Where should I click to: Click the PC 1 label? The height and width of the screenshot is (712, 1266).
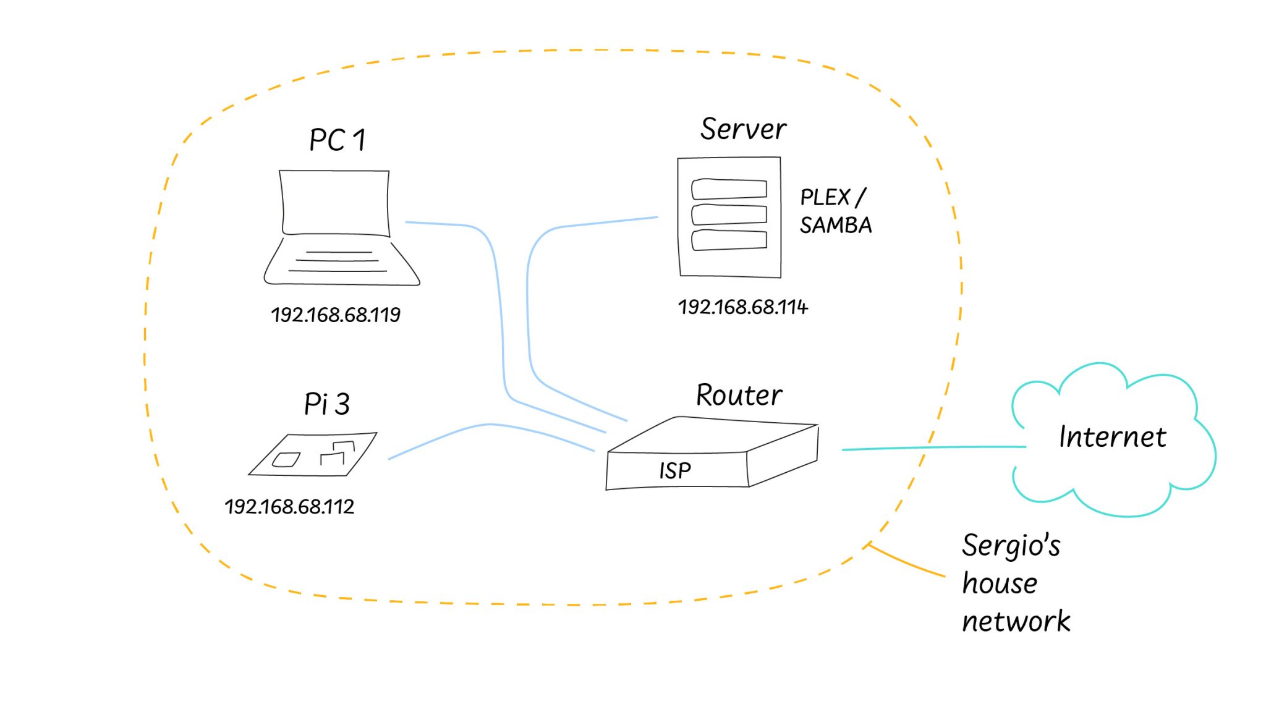337,140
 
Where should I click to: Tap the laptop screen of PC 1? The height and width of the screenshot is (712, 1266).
336,202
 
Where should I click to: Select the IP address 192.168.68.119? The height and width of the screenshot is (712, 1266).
336,315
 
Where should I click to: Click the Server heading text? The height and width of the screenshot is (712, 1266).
742,129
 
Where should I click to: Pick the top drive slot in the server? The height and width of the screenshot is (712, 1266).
729,189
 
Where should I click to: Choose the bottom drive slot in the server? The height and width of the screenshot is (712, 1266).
729,240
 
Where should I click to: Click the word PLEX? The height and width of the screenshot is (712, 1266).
825,198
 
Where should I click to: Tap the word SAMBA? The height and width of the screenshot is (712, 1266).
835,226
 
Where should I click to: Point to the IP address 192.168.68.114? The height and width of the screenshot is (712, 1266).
742,307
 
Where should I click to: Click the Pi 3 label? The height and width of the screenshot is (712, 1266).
326,404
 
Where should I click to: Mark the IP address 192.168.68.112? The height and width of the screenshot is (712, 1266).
289,507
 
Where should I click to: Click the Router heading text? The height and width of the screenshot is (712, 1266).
739,396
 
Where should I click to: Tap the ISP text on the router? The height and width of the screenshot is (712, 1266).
674,471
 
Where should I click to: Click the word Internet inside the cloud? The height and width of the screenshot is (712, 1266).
1112,437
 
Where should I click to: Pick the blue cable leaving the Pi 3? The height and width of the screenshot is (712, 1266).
488,425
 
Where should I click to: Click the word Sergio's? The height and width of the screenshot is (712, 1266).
1011,546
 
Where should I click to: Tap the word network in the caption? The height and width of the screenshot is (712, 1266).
1016,621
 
